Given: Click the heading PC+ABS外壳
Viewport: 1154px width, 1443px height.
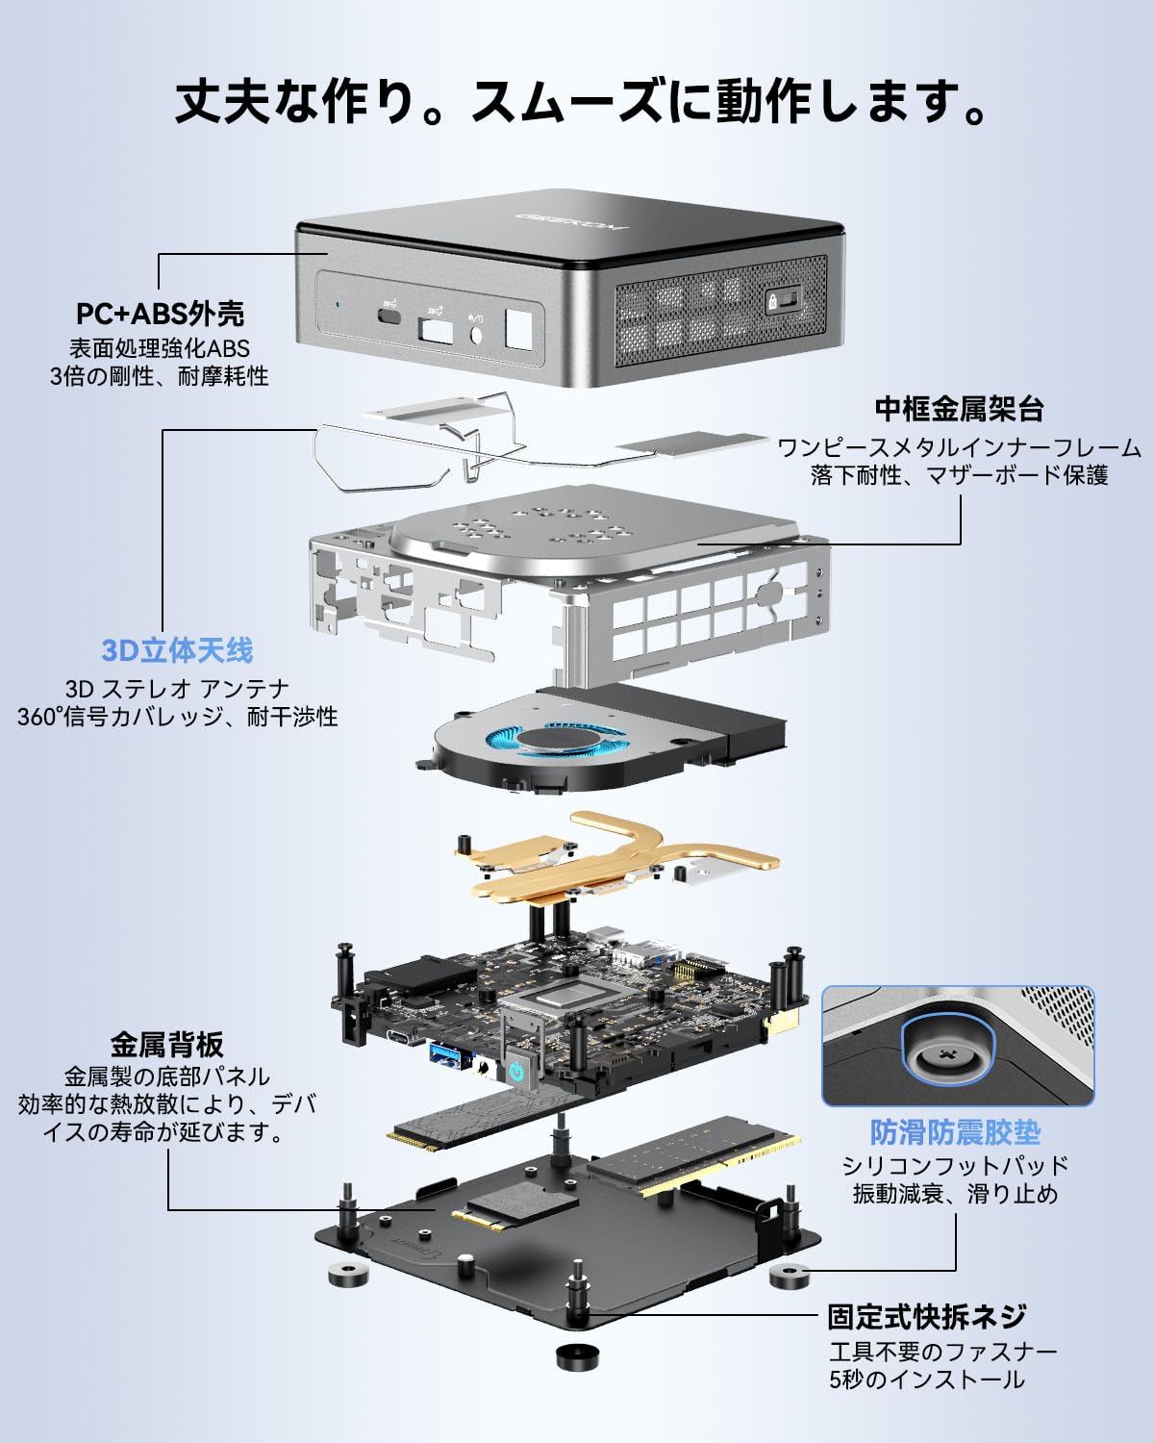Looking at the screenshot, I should coord(160,314).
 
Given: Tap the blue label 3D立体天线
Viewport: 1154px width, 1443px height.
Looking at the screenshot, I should coord(177,650).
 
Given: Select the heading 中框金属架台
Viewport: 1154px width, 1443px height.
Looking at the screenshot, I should coord(959,409).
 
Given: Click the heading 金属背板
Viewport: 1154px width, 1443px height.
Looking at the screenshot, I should coord(166,1044).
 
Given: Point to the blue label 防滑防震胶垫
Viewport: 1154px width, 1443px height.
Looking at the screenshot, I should coord(955,1132).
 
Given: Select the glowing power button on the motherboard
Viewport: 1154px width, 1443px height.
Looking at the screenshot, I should coord(517,1071).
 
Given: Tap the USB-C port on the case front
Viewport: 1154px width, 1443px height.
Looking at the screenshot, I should coord(389,315).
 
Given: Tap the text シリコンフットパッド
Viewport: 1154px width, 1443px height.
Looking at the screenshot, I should coord(955,1165).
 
